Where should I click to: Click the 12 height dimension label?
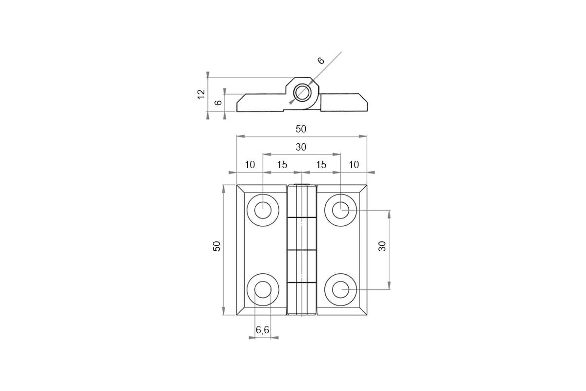201,94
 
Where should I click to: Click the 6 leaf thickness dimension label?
218,103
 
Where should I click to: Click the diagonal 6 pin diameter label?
321,61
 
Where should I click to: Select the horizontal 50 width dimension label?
301,129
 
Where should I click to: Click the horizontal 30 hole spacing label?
301,147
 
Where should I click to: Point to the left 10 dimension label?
250,165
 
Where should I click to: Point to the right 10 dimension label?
354,165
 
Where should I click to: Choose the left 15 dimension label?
282,165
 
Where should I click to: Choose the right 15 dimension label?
321,165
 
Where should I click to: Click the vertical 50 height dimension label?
217,246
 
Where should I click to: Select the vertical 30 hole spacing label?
382,246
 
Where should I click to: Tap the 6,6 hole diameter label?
262,330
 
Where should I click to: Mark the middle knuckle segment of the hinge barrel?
302,234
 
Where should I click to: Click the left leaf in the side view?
260,103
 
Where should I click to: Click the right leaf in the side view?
344,103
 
